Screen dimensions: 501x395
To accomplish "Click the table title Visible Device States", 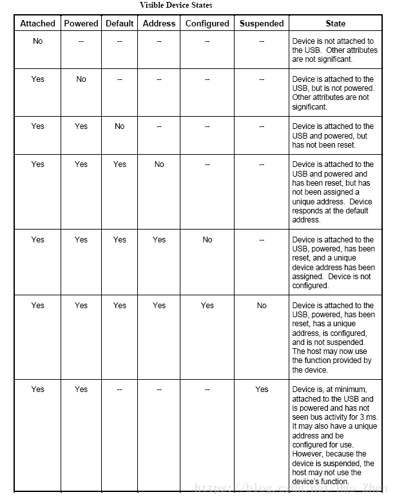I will [176, 5].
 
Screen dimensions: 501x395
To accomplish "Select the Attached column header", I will [38, 23].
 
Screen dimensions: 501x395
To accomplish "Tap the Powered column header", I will [81, 23].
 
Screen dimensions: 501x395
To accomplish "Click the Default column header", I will [120, 23].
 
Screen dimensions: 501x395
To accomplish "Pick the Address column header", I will [159, 23].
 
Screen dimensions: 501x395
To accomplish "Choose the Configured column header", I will [207, 23].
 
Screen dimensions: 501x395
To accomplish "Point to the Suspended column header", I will [262, 23].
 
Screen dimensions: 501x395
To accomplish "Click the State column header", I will [335, 23].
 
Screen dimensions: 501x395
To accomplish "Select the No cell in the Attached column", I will [38, 41].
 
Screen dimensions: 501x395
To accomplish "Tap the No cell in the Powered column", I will [81, 79].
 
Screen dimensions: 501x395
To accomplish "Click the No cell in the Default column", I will [120, 126].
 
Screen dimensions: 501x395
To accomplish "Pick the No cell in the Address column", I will [159, 164].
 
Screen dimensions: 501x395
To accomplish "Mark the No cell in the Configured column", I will [207, 240].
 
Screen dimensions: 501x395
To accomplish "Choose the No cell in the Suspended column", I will [262, 306].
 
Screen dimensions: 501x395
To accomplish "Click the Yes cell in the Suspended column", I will [262, 389].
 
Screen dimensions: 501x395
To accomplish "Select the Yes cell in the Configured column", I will [207, 306].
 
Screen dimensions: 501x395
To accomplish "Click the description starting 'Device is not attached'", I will [333, 50].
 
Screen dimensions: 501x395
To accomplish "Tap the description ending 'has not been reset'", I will [333, 135].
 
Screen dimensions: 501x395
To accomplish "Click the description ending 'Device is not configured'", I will [333, 262].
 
